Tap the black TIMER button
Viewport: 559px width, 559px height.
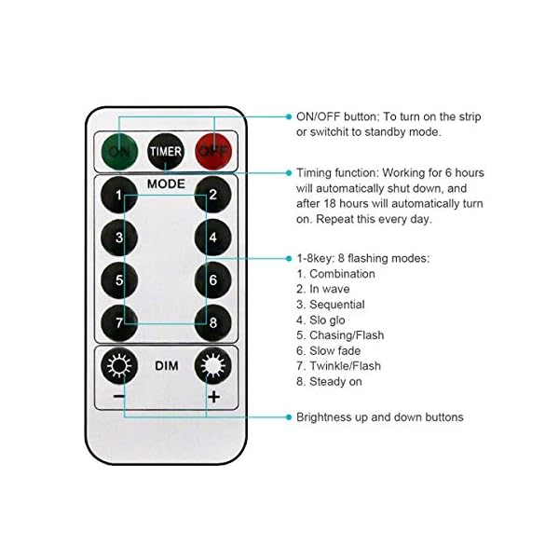[167, 149]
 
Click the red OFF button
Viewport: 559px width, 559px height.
[213, 149]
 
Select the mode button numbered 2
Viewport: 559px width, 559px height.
[213, 196]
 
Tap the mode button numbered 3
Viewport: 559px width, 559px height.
[119, 237]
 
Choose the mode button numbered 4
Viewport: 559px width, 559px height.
[213, 237]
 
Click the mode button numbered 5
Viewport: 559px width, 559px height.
[119, 279]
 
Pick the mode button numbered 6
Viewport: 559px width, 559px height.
[213, 279]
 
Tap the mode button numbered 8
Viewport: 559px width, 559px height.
[213, 321]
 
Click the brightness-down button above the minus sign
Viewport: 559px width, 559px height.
[119, 367]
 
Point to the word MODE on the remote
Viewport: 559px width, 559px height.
[166, 184]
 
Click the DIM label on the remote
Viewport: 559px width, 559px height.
[166, 366]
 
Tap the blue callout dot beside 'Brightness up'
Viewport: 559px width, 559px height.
[287, 416]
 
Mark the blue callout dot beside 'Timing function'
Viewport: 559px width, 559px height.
[287, 172]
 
